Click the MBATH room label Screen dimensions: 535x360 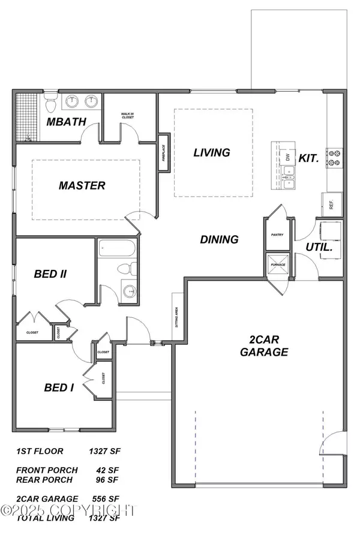67,122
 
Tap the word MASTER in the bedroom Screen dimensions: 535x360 82,185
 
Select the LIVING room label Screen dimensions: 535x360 211,152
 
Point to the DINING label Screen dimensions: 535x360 219,239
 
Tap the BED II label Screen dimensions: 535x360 50,274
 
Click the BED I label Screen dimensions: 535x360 59,387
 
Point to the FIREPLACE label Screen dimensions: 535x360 163,154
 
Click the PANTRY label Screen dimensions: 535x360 277,236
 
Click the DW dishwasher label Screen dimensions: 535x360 288,157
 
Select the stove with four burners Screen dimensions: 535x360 334,158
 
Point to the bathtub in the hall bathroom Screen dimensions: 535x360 117,248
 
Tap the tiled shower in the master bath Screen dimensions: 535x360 27,117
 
